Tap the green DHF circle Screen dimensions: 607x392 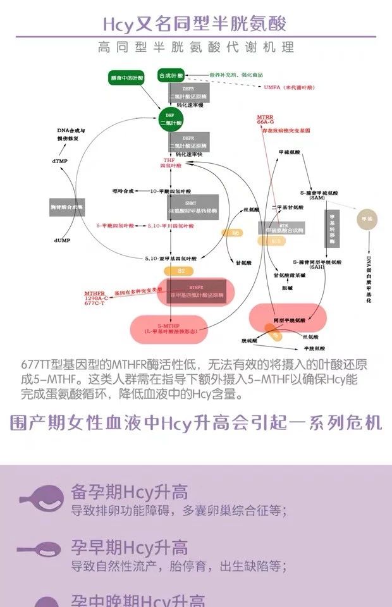point(170,120)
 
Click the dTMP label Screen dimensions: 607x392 point(59,161)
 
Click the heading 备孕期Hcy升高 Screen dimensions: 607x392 point(129,493)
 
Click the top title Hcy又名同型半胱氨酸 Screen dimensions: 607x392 point(195,23)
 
